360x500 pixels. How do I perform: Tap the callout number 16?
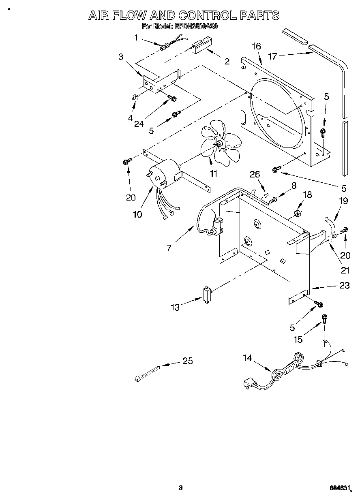pyautogui.click(x=256, y=46)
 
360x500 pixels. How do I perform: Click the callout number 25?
pyautogui.click(x=187, y=361)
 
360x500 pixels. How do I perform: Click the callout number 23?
pyautogui.click(x=344, y=285)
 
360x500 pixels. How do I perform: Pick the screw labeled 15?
pyautogui.click(x=324, y=318)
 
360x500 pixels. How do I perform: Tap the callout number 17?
pyautogui.click(x=272, y=56)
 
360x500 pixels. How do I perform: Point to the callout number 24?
pyautogui.click(x=139, y=124)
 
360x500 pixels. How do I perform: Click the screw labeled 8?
pyautogui.click(x=273, y=199)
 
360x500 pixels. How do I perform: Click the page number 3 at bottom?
pyautogui.click(x=180, y=487)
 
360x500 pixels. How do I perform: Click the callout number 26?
pyautogui.click(x=255, y=175)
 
